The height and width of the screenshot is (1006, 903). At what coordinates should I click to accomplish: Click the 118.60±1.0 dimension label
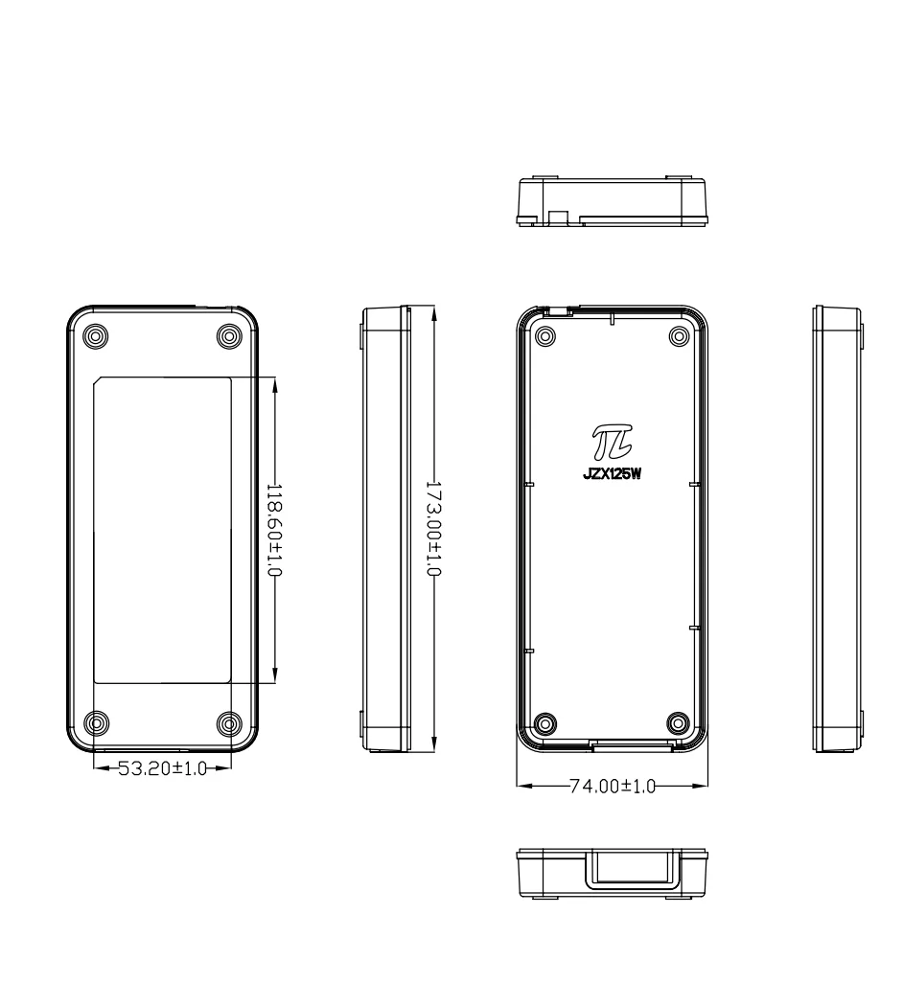[274, 530]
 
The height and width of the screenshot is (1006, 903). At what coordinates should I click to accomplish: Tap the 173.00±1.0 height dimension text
[434, 529]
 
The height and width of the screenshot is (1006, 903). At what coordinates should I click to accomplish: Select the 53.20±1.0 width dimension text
[162, 768]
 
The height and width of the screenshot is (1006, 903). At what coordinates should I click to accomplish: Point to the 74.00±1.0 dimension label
[613, 786]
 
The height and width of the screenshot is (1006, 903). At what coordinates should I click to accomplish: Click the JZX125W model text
[613, 475]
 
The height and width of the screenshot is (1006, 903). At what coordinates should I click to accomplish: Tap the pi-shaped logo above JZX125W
[612, 442]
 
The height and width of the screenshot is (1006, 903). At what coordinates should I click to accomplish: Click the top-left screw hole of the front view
[96, 336]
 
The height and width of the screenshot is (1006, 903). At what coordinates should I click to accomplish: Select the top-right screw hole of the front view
[228, 336]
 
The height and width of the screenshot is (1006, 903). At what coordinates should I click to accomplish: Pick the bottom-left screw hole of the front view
[96, 723]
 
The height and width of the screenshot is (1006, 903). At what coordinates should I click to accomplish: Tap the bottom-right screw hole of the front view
[228, 723]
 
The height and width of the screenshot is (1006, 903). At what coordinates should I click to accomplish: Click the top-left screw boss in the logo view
[545, 336]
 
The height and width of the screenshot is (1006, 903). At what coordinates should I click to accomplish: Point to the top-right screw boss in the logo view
[679, 336]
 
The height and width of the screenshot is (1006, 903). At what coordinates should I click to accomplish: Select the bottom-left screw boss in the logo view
[545, 723]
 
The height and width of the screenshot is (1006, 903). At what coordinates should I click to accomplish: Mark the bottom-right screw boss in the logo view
[678, 723]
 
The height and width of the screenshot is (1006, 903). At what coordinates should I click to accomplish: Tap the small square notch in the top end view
[559, 217]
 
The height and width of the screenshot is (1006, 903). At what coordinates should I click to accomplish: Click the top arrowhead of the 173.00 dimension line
[434, 313]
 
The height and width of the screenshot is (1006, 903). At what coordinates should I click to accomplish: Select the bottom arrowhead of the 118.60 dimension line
[275, 675]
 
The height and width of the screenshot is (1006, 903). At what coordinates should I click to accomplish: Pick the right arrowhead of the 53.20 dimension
[223, 767]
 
